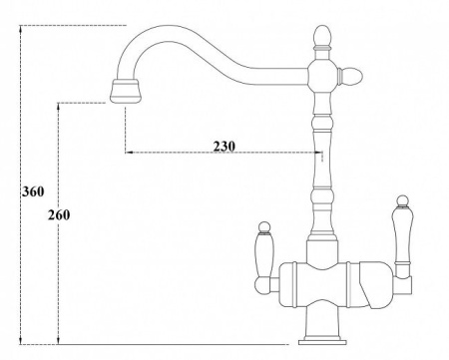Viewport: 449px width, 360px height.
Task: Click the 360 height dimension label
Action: tap(33, 191)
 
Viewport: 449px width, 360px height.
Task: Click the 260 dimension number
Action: tap(59, 215)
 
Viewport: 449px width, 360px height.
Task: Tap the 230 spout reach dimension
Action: tap(224, 146)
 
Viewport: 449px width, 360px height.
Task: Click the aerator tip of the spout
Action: tap(126, 91)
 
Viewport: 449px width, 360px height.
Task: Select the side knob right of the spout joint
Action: tap(350, 76)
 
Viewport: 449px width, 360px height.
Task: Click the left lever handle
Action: tap(264, 257)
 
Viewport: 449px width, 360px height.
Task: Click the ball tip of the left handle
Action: tap(264, 227)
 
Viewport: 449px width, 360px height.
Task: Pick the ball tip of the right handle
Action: tap(403, 200)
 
